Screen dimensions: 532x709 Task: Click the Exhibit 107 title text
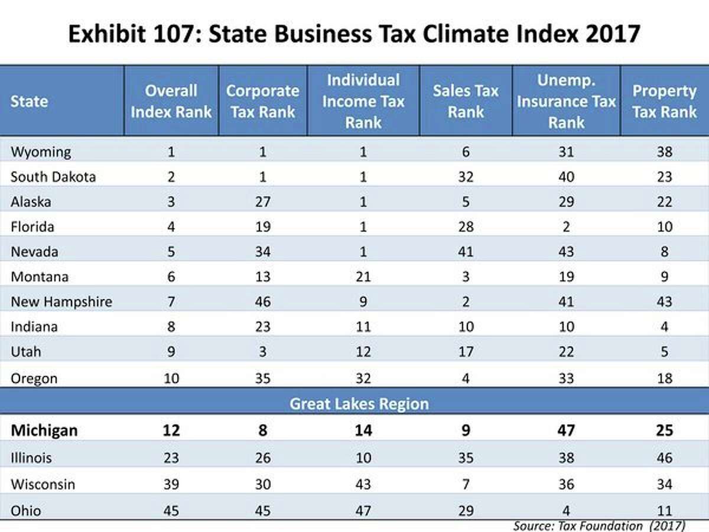coord(354,34)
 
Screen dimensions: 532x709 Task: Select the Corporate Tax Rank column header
coord(263,101)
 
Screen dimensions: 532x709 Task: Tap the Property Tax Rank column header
coord(664,101)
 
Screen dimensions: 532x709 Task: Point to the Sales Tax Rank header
coord(466,101)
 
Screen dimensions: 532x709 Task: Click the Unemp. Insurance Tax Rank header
coord(566,101)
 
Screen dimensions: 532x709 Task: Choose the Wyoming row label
coord(41,152)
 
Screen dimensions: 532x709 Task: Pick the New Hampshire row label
coord(61,302)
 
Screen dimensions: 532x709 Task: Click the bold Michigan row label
coord(44,430)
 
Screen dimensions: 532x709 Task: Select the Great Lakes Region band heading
coord(359,404)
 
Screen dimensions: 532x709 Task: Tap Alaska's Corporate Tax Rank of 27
coord(263,202)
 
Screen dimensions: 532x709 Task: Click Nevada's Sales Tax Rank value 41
coord(466,252)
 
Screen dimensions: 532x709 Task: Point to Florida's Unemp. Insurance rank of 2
coord(566,227)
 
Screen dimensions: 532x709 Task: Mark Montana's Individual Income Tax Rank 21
coord(363,277)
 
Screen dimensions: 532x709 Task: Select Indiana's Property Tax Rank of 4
coord(664,327)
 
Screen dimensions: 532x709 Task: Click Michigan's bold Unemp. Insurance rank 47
coord(566,430)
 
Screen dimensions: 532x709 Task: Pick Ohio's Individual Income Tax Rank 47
coord(363,510)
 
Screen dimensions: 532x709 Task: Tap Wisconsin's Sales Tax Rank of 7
coord(466,484)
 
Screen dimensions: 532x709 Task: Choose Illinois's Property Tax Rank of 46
coord(664,458)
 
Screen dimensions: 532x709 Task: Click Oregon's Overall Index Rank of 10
coord(171,378)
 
